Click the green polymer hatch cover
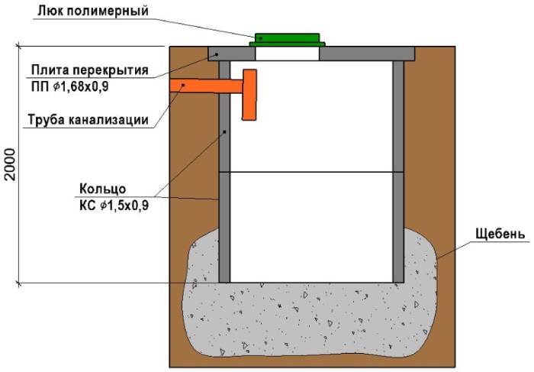click(287, 40)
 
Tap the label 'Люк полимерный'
click(93, 11)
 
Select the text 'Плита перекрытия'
click(90, 70)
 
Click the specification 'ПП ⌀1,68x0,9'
click(70, 86)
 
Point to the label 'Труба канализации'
click(88, 120)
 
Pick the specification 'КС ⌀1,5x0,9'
click(114, 205)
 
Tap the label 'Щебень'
click(500, 234)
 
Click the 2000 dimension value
click(11, 164)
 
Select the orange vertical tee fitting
click(249, 95)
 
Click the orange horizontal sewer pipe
click(206, 86)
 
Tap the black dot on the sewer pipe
click(183, 85)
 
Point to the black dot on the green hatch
click(261, 38)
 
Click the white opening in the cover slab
click(287, 53)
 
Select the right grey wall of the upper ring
click(398, 116)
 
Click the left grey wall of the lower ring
click(224, 228)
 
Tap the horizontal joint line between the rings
click(311, 172)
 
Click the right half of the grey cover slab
click(367, 53)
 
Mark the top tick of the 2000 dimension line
click(19, 46)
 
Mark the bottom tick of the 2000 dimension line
click(19, 283)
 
